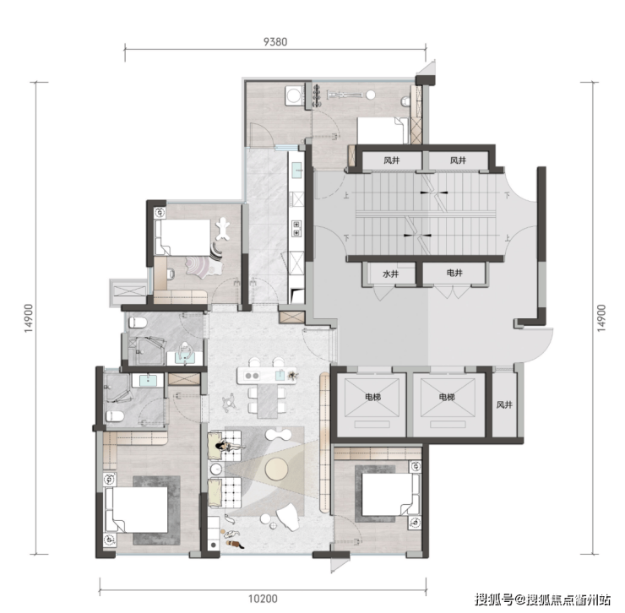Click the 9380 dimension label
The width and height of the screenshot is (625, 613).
(275, 41)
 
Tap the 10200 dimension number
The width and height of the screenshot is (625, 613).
(263, 599)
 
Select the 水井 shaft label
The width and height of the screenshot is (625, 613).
(390, 274)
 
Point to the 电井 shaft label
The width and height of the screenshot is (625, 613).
(454, 273)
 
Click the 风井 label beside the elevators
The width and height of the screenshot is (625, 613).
(504, 405)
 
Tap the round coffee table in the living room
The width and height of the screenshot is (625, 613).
(277, 469)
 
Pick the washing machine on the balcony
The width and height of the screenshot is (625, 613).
(295, 95)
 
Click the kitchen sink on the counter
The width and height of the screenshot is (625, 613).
(297, 170)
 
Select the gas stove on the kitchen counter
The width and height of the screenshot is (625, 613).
(296, 228)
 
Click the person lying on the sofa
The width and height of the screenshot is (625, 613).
(229, 446)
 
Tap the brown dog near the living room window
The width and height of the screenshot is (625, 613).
(234, 544)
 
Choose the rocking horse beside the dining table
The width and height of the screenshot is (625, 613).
(230, 402)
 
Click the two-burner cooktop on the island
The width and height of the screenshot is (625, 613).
(252, 376)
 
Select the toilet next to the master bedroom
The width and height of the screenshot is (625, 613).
(115, 416)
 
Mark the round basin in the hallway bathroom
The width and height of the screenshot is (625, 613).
(184, 348)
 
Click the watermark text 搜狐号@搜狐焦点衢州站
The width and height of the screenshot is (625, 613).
(542, 599)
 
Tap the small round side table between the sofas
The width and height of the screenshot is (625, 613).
(216, 469)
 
